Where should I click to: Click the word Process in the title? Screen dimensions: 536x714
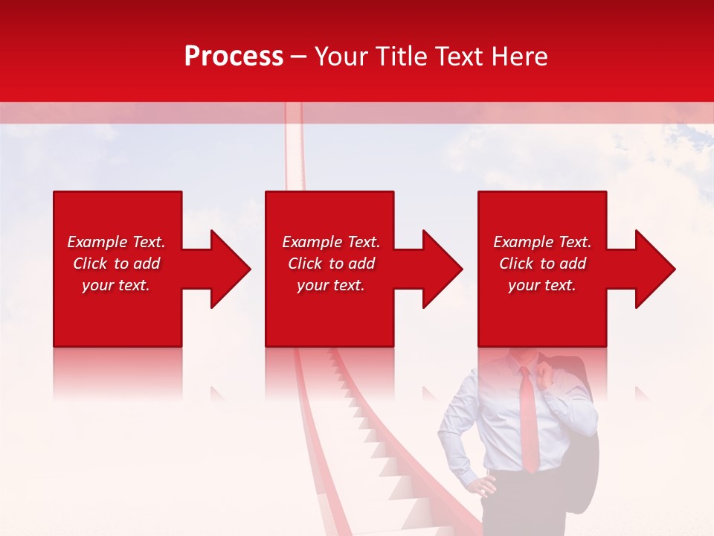tap(234, 57)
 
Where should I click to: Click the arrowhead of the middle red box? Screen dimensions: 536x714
tap(441, 269)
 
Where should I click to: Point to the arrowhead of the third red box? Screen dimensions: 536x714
tap(654, 269)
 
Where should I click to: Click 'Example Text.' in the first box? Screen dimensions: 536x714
tap(116, 242)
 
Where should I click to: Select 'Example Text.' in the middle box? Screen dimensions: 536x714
tap(331, 242)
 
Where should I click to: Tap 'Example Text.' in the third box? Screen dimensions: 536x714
tap(542, 242)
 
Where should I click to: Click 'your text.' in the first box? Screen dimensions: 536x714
tap(116, 285)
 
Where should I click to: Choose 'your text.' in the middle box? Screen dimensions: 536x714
tap(331, 285)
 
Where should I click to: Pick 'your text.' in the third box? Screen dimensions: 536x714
tap(542, 285)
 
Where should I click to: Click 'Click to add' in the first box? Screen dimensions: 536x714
tap(116, 264)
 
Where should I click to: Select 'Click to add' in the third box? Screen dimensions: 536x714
tap(542, 264)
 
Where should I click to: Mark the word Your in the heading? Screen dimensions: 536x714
tap(341, 57)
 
